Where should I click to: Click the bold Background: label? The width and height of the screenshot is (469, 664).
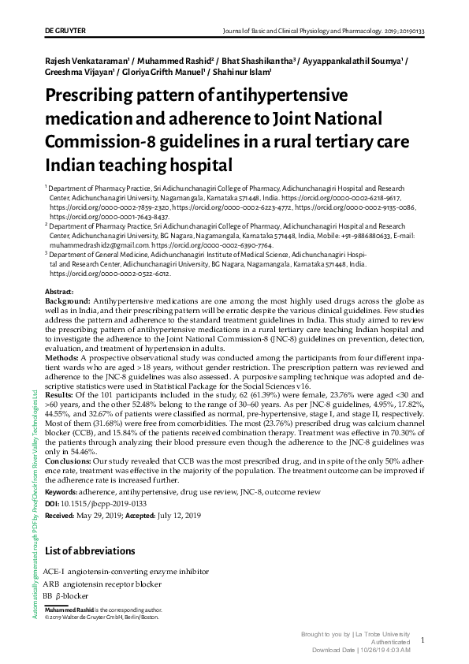tap(67, 302)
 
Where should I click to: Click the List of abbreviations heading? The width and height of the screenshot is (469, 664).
tap(90, 550)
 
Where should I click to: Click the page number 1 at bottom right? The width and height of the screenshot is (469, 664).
tap(422, 641)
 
